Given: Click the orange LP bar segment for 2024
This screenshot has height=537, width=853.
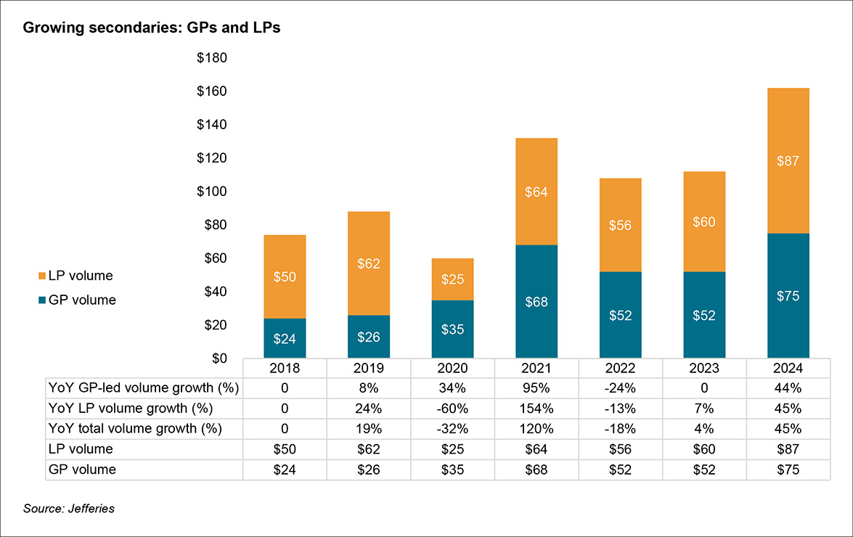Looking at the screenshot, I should point(788,160).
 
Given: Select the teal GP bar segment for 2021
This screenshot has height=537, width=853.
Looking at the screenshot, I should point(536,301).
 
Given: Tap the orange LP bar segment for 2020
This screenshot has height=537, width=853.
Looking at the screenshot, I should point(452,279).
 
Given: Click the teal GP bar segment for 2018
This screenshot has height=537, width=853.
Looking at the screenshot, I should point(284,338).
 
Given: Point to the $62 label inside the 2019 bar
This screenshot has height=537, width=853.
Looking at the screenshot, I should point(368,263).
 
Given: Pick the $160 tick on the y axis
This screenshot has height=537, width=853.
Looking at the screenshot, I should point(212,91).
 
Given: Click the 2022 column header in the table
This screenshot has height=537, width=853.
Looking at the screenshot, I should point(620,368).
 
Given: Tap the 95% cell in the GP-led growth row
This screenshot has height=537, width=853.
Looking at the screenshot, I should point(536,388).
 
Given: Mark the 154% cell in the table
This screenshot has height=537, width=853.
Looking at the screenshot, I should point(536,408).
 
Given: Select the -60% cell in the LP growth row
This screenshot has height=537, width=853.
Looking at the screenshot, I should point(452,408).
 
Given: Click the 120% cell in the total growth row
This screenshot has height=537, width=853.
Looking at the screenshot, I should point(536,428).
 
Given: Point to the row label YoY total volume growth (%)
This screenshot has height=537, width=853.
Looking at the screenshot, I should point(134,428).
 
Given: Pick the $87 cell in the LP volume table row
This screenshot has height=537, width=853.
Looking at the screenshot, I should point(788,449).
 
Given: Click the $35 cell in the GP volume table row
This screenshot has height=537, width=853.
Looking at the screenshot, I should point(452,470).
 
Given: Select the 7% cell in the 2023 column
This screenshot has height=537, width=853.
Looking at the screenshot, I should point(704,408).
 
